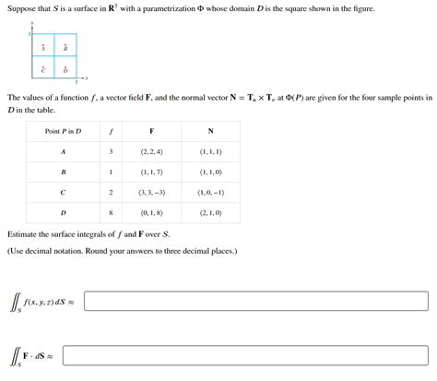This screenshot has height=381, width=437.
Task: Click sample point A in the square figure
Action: point(42,48)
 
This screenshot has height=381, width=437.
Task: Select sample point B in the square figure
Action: point(65,48)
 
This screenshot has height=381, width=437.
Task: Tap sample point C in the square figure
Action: point(42,70)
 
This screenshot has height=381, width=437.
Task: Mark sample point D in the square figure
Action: point(65,70)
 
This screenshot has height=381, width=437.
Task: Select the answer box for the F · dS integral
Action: point(243,355)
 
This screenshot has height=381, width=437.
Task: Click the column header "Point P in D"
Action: point(63,131)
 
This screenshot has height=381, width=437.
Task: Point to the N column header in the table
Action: point(210,131)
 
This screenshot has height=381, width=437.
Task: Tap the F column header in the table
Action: point(151,131)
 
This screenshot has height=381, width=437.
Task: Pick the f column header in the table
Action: point(111,131)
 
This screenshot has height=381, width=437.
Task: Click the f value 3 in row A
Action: point(111,151)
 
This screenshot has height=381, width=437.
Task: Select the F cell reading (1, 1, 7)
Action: point(151,172)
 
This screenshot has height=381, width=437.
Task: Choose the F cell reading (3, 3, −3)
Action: point(151,192)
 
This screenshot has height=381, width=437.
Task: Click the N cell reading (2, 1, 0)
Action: point(210,212)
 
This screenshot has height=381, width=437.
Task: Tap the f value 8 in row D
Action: point(111,212)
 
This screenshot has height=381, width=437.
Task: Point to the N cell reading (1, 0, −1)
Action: point(210,192)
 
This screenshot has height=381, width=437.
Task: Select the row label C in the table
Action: point(63,192)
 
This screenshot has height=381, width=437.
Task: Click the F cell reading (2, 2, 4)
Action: point(151,151)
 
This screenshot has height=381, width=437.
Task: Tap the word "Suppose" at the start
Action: point(21,7)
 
